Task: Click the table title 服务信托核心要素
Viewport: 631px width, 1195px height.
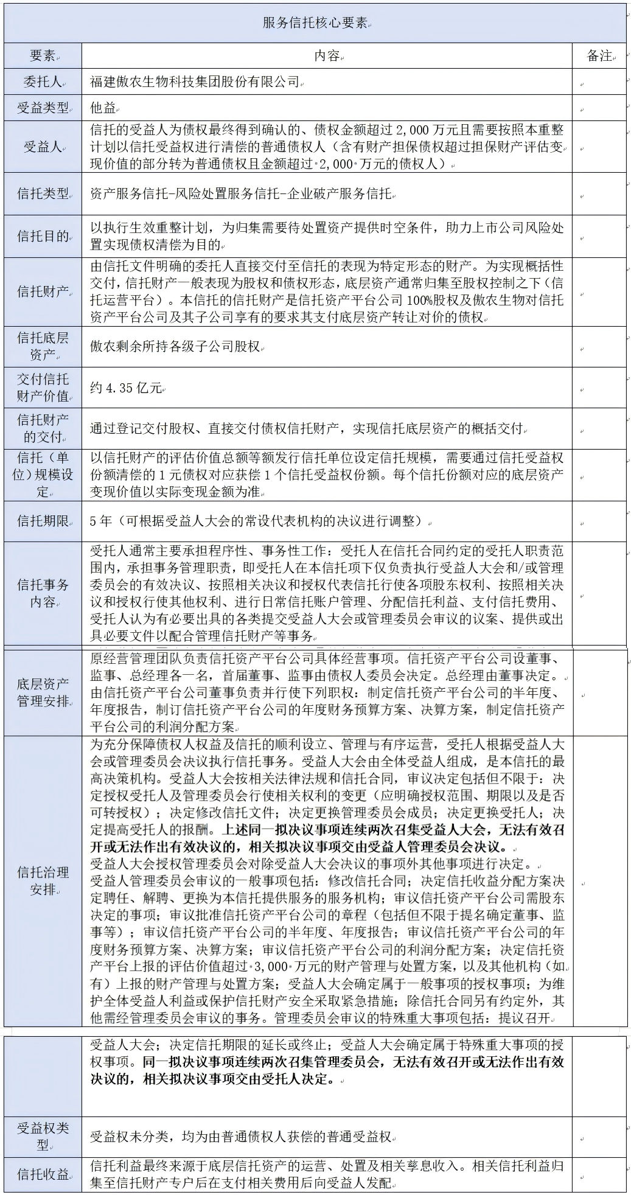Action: pos(315,23)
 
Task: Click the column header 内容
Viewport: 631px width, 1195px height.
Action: pos(327,56)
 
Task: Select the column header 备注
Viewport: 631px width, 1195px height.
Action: pos(599,56)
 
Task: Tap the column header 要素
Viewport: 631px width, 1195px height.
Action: pos(43,56)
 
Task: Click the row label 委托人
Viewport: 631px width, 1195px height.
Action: pos(43,82)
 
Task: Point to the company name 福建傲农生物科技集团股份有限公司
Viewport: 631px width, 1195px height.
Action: pos(195,82)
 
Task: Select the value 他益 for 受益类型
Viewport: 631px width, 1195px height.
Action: pos(103,108)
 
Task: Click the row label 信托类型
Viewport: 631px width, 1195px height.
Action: pos(43,194)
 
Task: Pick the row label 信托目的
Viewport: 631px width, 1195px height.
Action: pos(43,236)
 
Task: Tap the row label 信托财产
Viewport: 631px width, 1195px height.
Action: pos(43,291)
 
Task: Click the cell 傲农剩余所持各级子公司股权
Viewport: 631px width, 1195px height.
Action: pos(176,346)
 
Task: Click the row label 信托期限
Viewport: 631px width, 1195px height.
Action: pos(43,521)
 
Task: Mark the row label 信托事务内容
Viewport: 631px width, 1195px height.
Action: pos(43,594)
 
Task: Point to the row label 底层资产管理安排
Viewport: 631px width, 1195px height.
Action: pos(43,692)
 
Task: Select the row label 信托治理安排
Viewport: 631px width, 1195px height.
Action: pos(43,880)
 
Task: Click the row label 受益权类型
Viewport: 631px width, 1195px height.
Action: pos(43,1136)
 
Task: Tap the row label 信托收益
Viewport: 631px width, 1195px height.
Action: pos(43,1174)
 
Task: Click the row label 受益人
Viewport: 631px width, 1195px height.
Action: pos(43,147)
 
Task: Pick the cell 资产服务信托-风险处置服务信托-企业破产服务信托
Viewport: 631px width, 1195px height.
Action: pos(241,194)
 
